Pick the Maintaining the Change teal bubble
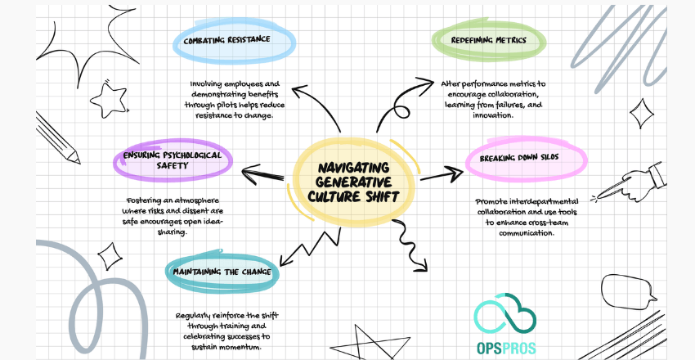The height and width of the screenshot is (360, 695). [x=222, y=272]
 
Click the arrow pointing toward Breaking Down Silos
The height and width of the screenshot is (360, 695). [x=442, y=173]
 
